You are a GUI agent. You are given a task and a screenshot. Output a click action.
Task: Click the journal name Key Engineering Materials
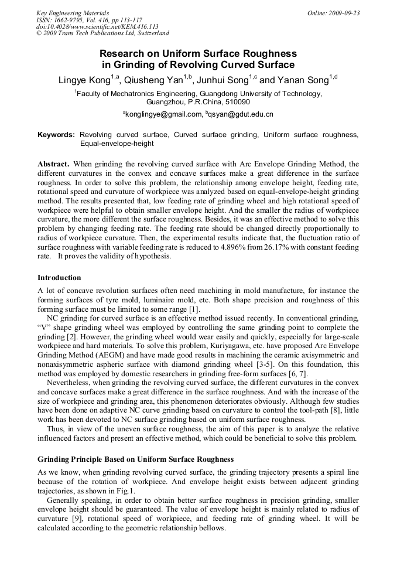pos(73,13)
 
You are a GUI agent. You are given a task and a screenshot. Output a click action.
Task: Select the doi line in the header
pos(97,27)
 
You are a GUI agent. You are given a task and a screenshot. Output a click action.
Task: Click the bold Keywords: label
pos(56,135)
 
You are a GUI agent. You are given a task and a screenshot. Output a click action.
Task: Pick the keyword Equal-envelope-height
pos(117,144)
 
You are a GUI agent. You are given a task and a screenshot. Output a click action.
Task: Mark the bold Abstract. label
pos(54,164)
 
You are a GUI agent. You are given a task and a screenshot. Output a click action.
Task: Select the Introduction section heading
pos(59,278)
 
